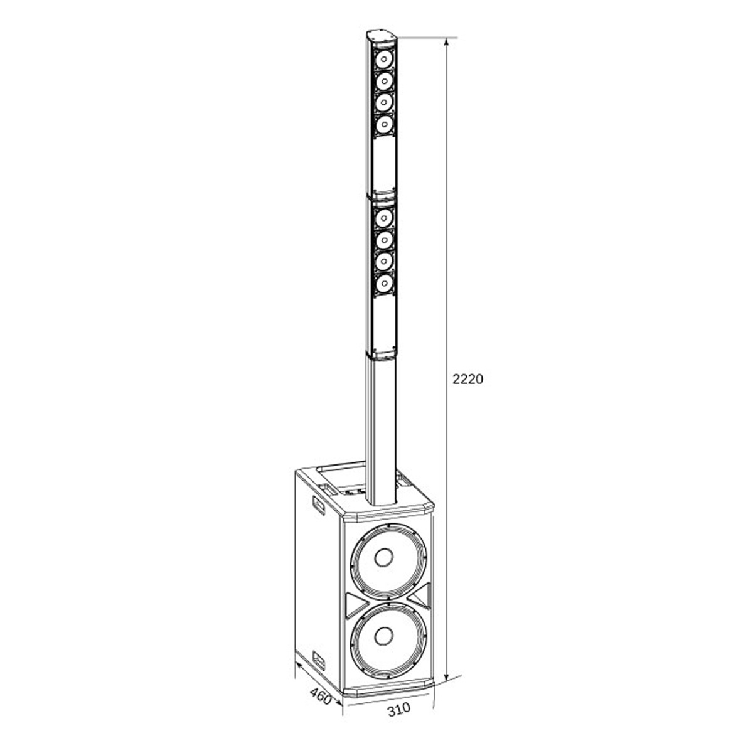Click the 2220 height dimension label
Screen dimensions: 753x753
tap(467, 379)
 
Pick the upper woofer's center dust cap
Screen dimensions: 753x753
tap(383, 556)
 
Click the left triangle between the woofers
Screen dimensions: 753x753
tap(355, 604)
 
